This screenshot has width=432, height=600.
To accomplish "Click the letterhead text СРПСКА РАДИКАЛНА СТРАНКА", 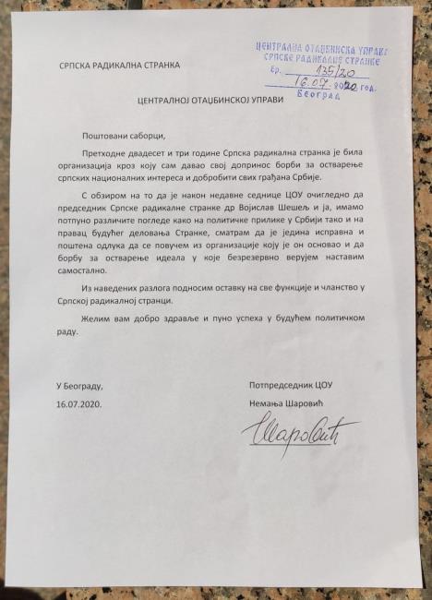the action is [120, 65].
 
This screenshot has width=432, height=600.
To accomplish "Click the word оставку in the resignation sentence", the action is [218, 290].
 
